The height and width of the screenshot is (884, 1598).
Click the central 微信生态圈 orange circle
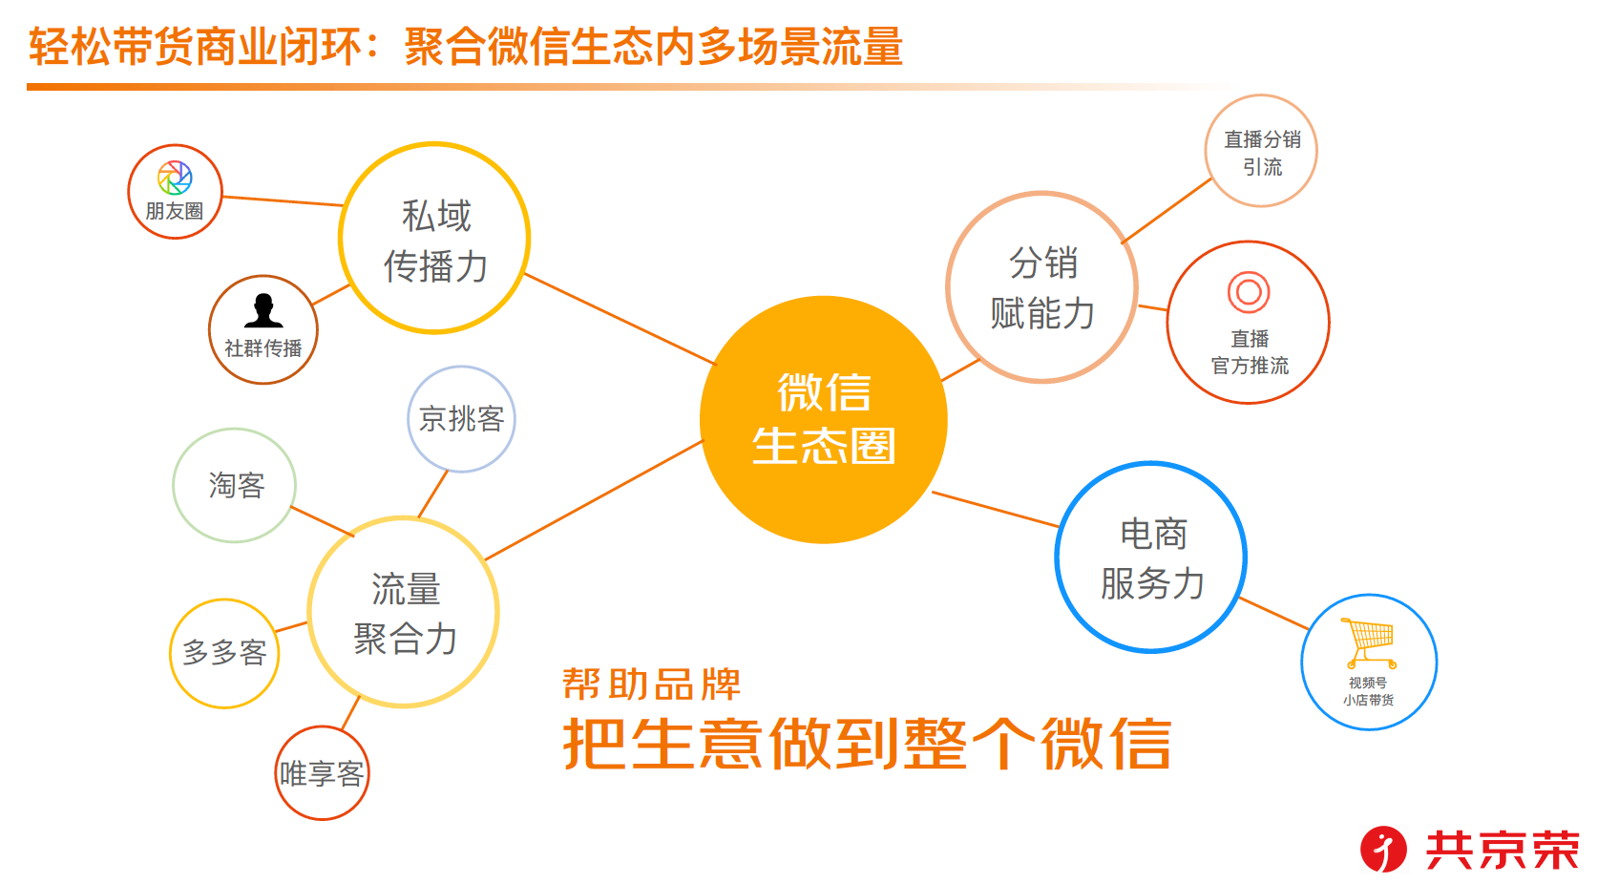(x=823, y=420)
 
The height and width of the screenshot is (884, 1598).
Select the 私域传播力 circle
(x=434, y=239)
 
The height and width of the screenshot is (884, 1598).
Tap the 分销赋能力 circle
(x=1041, y=287)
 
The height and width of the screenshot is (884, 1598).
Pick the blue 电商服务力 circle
(x=1151, y=558)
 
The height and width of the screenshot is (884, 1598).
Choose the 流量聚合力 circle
(x=404, y=612)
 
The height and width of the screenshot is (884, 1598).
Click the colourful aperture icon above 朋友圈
(x=175, y=178)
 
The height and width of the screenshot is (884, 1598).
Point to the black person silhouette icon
(x=263, y=311)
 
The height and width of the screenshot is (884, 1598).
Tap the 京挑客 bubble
(x=461, y=419)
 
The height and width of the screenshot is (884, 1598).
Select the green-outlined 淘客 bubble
(x=235, y=485)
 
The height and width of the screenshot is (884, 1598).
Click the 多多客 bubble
(x=224, y=653)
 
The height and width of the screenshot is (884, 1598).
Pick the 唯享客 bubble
(x=322, y=773)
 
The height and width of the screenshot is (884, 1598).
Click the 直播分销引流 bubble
(x=1261, y=151)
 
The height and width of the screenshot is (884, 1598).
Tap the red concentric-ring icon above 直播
(x=1249, y=292)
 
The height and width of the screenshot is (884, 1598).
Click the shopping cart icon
(x=1369, y=642)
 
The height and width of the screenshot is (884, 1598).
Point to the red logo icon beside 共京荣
(x=1383, y=849)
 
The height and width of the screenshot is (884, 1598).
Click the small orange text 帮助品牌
(x=651, y=684)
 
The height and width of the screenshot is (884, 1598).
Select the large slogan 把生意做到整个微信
(x=867, y=744)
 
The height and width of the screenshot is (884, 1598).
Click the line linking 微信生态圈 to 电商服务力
(x=996, y=509)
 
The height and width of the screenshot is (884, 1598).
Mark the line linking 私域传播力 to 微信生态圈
(x=620, y=319)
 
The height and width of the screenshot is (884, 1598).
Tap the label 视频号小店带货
(x=1368, y=691)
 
